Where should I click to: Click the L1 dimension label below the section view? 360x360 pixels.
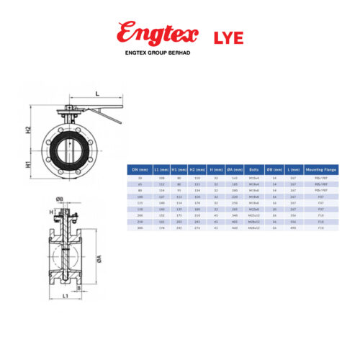point(64,295)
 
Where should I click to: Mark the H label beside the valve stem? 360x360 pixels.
point(52,212)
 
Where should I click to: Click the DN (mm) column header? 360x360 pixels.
point(138,168)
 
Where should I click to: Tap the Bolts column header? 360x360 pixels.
point(253,168)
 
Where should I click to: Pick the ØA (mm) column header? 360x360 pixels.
point(234,168)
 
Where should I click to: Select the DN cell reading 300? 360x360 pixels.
point(138,228)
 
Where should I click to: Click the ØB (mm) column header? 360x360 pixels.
point(274,168)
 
